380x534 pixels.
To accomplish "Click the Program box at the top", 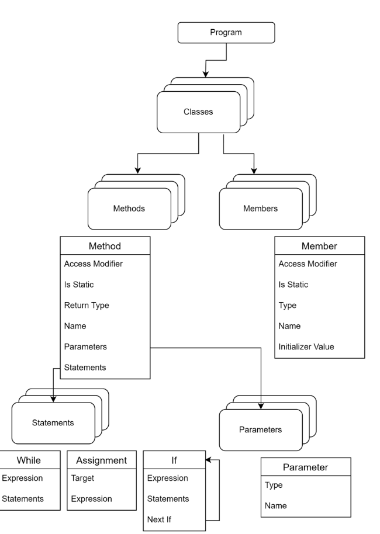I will pyautogui.click(x=225, y=33).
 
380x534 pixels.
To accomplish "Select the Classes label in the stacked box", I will pyautogui.click(x=199, y=112).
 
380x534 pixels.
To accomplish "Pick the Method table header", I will pyautogui.click(x=105, y=246).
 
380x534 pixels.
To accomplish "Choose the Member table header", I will pyautogui.click(x=319, y=246).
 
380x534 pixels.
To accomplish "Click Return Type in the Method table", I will pyautogui.click(x=87, y=305).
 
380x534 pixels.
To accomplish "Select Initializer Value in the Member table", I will pyautogui.click(x=306, y=346).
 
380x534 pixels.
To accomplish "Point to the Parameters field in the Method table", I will pyautogui.click(x=85, y=346).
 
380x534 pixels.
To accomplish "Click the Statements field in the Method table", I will pyautogui.click(x=85, y=367).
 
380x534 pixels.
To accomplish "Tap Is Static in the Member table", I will pyautogui.click(x=293, y=285).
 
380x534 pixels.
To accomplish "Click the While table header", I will pyautogui.click(x=28, y=460).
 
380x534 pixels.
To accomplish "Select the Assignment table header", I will pyautogui.click(x=101, y=460).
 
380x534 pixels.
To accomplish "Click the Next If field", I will pyautogui.click(x=160, y=519).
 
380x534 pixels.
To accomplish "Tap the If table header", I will pyautogui.click(x=174, y=460).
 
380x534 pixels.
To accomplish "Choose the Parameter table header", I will pyautogui.click(x=306, y=467).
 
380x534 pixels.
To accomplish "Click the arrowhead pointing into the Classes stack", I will pyautogui.click(x=205, y=75).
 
